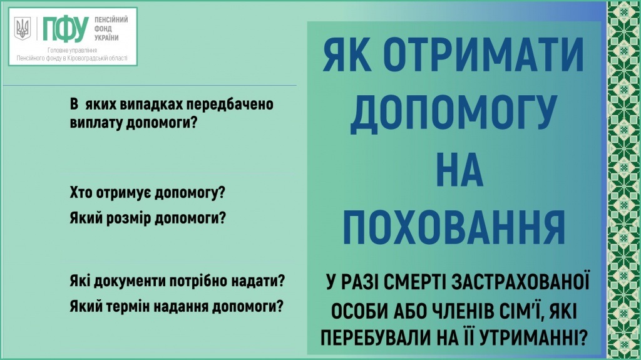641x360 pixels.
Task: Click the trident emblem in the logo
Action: coord(23,28)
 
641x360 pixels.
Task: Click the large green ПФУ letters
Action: coord(65,29)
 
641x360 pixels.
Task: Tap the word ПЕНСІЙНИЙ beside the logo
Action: coord(111,19)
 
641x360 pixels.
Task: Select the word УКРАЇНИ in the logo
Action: coord(106,38)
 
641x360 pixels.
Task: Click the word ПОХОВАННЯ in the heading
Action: coord(454,227)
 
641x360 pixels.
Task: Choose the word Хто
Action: coord(81,193)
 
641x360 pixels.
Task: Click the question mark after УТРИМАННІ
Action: coord(583,338)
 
